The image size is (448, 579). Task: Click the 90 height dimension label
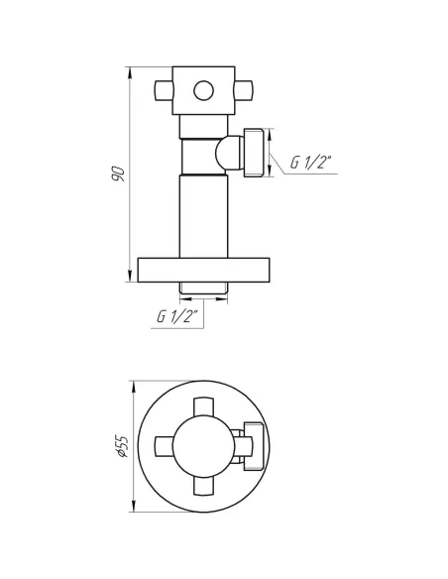119,174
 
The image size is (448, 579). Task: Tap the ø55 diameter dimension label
122,446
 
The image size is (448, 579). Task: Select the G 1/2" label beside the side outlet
311,163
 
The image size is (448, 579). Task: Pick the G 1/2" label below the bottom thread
177,316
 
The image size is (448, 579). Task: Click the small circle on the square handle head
204,90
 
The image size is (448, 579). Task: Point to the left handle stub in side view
164,91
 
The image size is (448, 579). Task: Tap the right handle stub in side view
244,91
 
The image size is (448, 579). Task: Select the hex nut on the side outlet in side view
254,153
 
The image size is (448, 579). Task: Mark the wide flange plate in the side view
203,270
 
